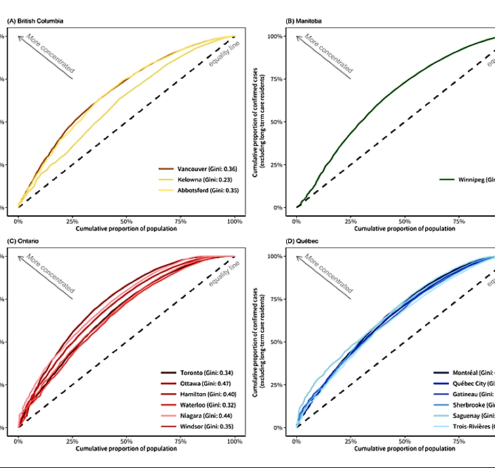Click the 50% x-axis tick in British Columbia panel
(x=127, y=221)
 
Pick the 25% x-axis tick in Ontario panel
(x=73, y=441)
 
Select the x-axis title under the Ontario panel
(x=127, y=450)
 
